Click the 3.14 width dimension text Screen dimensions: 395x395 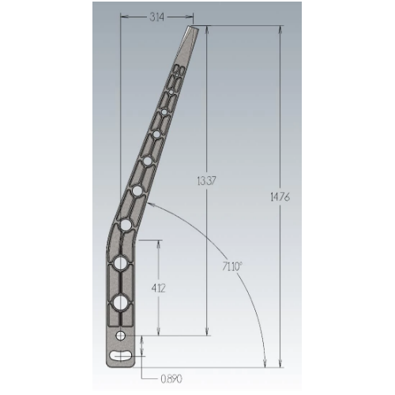coord(157,17)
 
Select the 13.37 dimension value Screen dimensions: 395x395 coord(206,181)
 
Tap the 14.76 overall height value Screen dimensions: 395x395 coord(280,197)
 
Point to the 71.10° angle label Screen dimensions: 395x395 coord(232,267)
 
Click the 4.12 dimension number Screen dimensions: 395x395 coord(158,288)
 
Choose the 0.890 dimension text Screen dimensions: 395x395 coord(171,379)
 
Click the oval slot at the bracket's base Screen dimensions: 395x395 coord(121,355)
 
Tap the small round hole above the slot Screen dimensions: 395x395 coord(121,336)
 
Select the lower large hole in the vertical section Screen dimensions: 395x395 coord(120,303)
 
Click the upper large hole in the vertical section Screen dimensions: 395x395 coord(120,264)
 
